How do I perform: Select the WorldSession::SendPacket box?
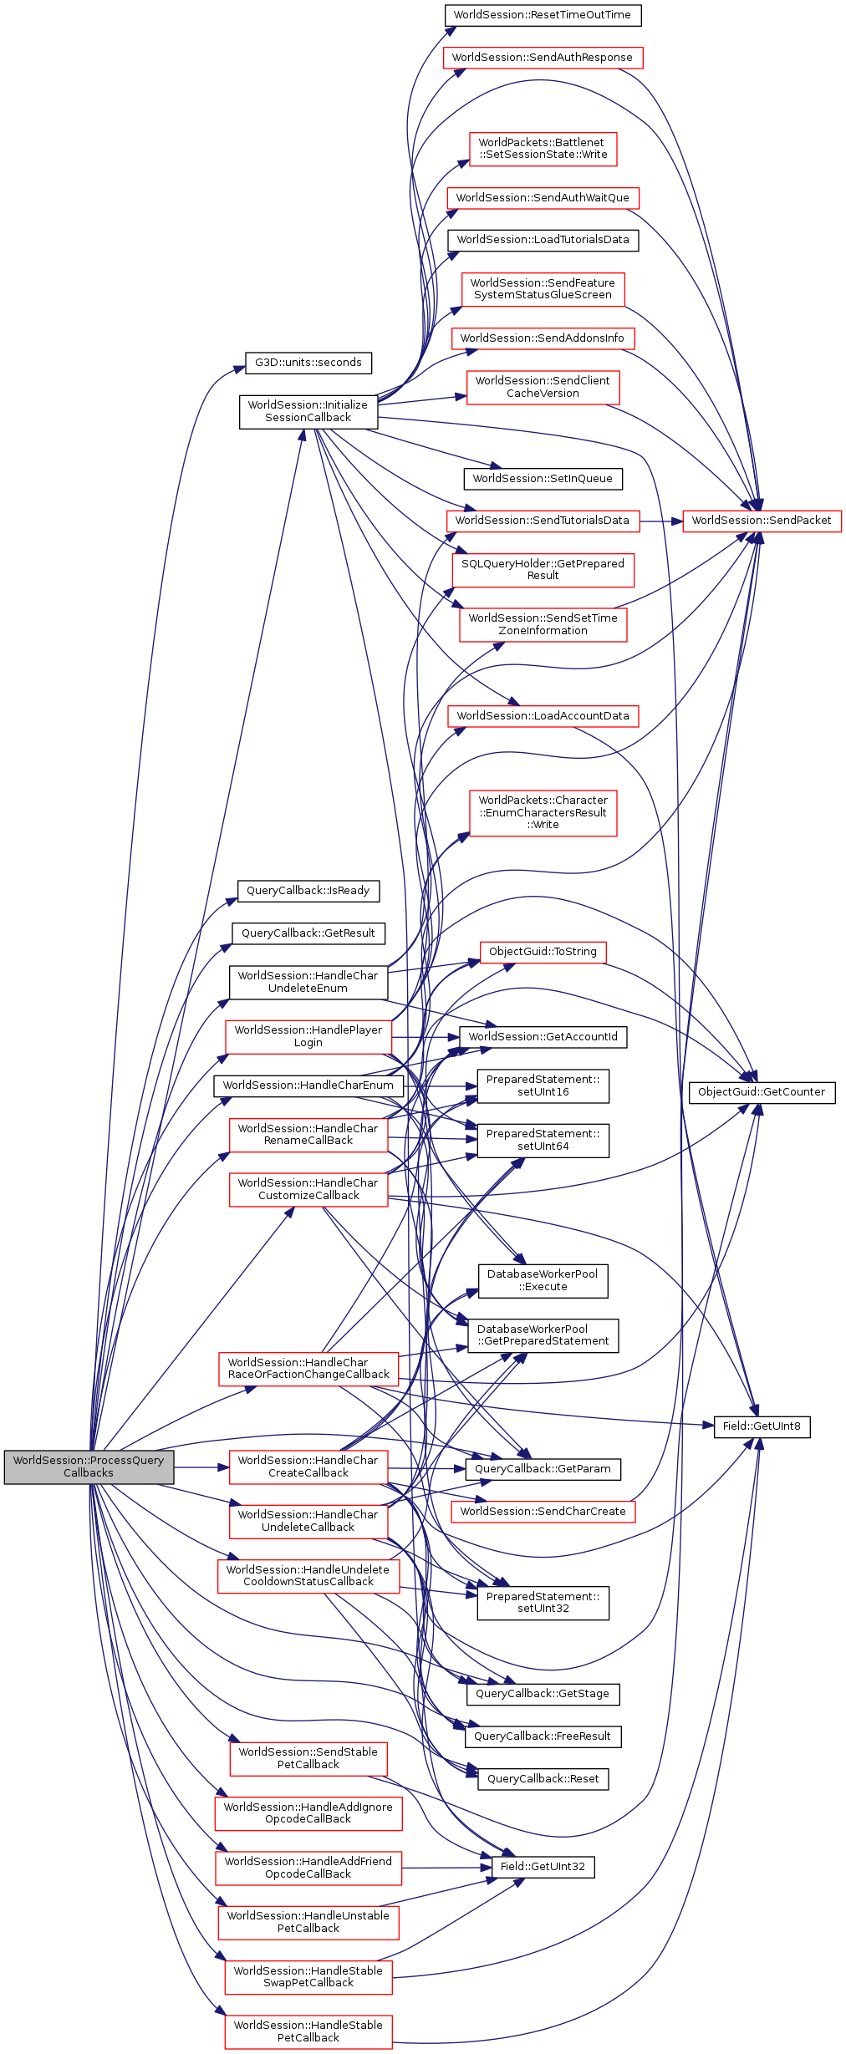click(x=762, y=520)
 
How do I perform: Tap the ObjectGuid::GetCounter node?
click(x=761, y=1091)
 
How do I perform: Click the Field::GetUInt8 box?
click(x=762, y=1426)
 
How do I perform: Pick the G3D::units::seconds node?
click(x=308, y=363)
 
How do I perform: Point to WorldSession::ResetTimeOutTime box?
click(x=542, y=15)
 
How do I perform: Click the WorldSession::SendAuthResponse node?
click(x=542, y=58)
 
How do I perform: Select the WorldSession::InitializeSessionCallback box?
click(x=308, y=411)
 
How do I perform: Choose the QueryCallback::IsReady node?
click(x=308, y=891)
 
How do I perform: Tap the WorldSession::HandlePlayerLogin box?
click(x=308, y=1036)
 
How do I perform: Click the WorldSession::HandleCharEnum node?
click(x=308, y=1085)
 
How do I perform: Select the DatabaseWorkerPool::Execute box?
click(x=543, y=1280)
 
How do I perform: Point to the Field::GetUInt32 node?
click(x=543, y=1867)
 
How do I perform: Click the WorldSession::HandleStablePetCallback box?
click(x=308, y=2031)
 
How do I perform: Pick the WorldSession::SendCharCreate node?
click(x=543, y=1511)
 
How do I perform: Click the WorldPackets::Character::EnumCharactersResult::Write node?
click(x=543, y=812)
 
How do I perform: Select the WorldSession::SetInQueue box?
click(x=543, y=479)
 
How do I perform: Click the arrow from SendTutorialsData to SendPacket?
click(x=660, y=521)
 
